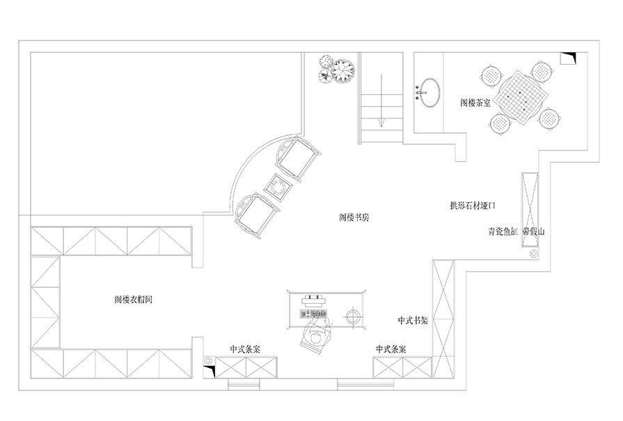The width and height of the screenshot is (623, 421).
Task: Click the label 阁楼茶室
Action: (475, 102)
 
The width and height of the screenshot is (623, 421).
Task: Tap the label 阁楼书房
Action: (354, 217)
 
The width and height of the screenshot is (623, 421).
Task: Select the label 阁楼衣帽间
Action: (133, 299)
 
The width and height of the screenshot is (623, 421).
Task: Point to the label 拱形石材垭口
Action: (473, 206)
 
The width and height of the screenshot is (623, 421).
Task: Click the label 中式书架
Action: (413, 321)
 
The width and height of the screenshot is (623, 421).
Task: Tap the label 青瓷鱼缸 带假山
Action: (516, 231)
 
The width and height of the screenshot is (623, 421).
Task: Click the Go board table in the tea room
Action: (521, 96)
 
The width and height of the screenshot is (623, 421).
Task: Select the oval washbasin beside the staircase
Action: (429, 93)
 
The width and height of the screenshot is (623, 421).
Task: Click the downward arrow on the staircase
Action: (381, 100)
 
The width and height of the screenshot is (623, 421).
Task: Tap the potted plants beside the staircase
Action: (336, 69)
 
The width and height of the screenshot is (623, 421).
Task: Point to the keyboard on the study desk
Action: (313, 314)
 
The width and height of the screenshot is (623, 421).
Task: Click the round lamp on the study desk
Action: (352, 317)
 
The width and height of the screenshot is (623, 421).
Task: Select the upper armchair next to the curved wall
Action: (298, 160)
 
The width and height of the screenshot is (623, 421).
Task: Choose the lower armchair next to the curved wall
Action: (257, 216)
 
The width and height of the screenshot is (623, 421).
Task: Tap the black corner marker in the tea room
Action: (570, 57)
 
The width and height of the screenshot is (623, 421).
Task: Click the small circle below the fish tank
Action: (534, 253)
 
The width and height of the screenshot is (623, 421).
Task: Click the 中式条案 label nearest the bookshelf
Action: (391, 349)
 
